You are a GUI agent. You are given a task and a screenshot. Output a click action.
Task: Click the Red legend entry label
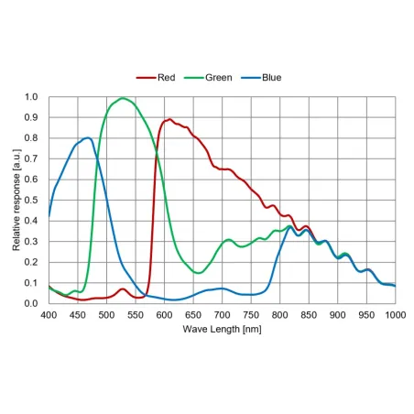point(167,78)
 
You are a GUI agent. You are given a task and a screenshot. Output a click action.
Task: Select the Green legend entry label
point(219,78)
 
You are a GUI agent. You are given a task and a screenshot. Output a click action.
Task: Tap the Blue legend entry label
point(272,78)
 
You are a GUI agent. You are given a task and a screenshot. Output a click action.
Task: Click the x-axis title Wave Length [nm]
point(222,329)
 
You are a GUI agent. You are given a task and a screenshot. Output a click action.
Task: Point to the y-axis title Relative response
point(16,200)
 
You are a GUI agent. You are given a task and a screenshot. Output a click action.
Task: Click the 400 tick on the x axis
point(49,315)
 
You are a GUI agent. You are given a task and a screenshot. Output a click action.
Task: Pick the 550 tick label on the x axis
point(136,315)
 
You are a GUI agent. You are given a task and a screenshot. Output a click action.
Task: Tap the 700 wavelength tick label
point(222,315)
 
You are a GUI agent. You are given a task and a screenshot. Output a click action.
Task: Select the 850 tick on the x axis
point(309,315)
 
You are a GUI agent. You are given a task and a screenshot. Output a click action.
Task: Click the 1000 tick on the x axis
point(396,315)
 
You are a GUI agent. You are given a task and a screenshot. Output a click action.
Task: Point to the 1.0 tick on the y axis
point(31,97)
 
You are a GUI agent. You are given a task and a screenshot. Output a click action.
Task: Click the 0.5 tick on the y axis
point(31,200)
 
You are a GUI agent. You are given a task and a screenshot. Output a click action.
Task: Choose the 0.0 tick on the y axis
point(31,303)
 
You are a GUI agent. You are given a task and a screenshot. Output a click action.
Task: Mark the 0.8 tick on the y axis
point(31,138)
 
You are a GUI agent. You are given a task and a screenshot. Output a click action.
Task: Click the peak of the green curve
point(123,98)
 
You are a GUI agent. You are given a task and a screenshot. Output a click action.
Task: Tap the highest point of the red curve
point(169,119)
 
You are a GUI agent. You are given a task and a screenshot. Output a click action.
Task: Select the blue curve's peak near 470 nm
point(88,137)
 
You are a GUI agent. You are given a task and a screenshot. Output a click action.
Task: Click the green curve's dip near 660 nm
point(198,273)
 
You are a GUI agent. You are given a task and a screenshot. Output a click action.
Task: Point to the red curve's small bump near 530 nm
point(123,289)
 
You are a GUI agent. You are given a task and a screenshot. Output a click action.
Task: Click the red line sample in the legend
point(146,78)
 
